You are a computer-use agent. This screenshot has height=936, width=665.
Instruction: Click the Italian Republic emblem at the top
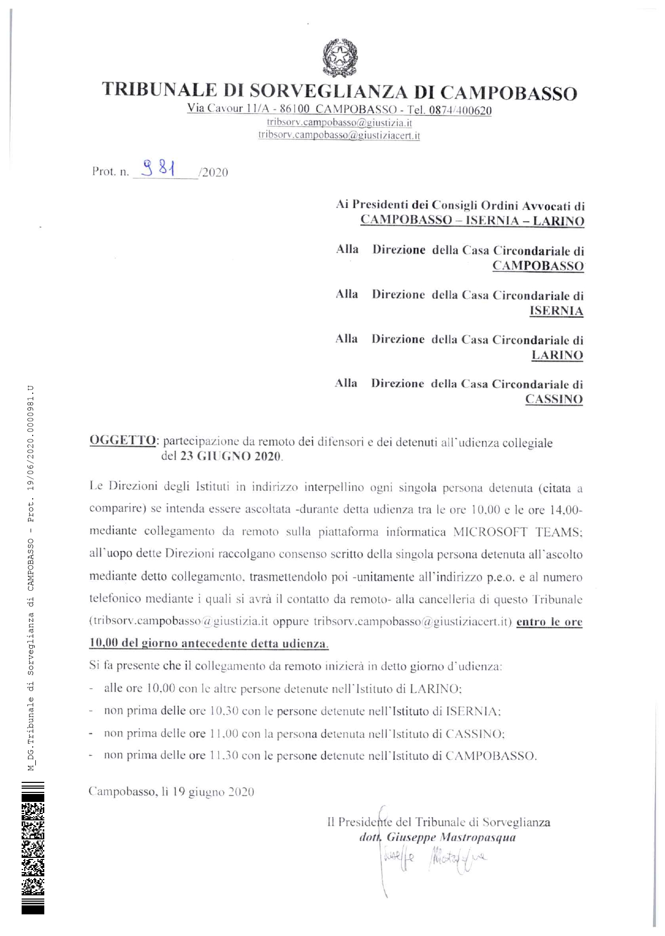[340, 58]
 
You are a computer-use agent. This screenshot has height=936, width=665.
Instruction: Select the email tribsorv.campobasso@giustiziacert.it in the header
[339, 135]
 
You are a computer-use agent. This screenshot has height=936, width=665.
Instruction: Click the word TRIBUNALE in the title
[159, 90]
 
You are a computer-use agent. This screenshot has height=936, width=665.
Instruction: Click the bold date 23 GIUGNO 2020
[231, 456]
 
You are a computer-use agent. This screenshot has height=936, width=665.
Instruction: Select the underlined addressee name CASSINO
[554, 399]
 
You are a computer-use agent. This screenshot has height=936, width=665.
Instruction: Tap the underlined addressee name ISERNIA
[556, 310]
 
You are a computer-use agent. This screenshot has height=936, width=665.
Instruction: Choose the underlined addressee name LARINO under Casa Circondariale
[557, 355]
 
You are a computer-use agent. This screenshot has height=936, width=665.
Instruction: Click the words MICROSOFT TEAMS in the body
[517, 532]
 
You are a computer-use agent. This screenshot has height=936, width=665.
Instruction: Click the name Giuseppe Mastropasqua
[451, 837]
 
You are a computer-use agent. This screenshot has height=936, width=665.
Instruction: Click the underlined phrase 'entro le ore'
[549, 622]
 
